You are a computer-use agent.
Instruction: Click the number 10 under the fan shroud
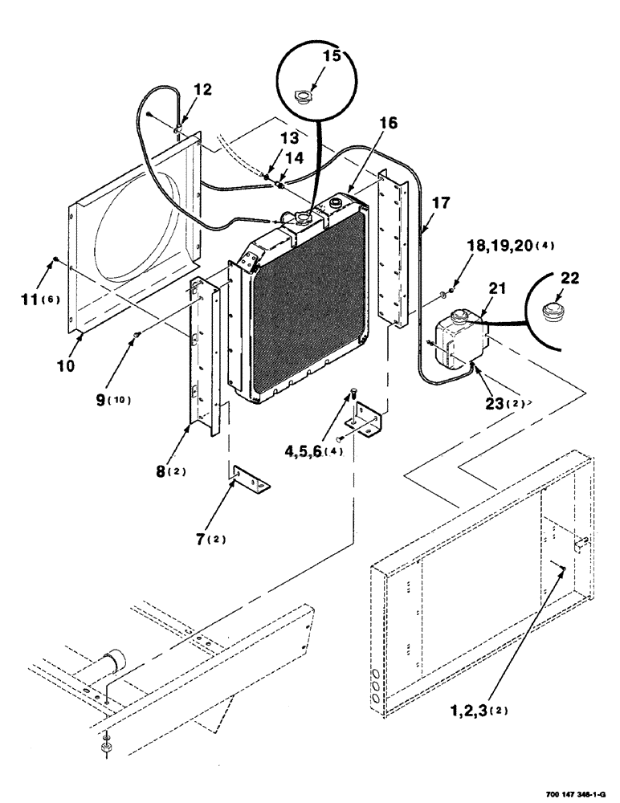click(67, 365)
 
